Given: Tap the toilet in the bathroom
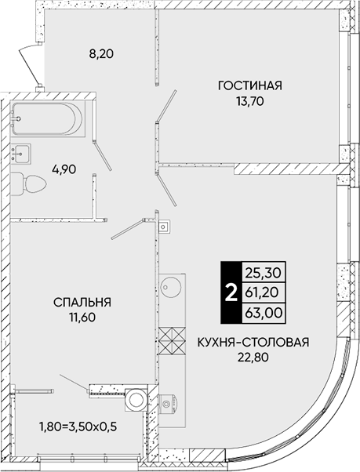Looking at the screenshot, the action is (x=28, y=183).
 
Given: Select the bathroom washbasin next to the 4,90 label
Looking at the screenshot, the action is (x=20, y=154).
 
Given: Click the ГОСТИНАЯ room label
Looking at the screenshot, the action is (x=250, y=85).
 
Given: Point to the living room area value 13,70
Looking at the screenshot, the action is (x=250, y=102).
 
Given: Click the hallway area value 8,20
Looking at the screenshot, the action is (x=101, y=54).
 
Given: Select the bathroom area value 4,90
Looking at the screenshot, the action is (x=64, y=169).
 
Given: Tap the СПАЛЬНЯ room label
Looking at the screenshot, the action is (x=82, y=302).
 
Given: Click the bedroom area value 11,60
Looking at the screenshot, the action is (x=82, y=318).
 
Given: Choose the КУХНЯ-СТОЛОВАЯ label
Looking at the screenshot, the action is (x=253, y=343).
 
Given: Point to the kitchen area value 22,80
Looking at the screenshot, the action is (x=253, y=358).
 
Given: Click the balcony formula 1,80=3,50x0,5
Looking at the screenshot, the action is (x=78, y=427).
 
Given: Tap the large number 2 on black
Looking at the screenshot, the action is (x=231, y=292).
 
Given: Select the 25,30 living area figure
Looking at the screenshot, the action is (x=264, y=273).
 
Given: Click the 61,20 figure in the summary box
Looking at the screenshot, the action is (x=264, y=292).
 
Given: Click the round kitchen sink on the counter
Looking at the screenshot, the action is (x=171, y=285).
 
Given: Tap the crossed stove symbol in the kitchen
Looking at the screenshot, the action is (x=172, y=341).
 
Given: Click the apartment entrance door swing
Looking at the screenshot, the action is (x=30, y=64).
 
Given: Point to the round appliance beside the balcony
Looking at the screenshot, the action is (x=136, y=400).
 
